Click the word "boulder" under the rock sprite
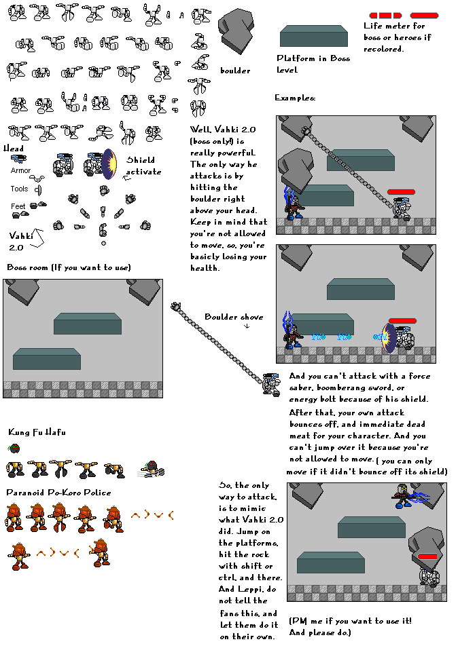[235, 71]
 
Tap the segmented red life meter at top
[385, 15]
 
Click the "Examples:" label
[295, 98]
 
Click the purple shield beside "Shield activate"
[109, 164]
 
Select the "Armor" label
[20, 171]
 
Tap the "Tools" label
[19, 189]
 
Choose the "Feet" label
[18, 206]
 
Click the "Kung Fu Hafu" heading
[37, 432]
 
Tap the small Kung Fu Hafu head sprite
[14, 448]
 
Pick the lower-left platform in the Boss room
[46, 359]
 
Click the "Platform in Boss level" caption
[313, 64]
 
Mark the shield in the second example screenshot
[389, 337]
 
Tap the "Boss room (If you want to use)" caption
[68, 267]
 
